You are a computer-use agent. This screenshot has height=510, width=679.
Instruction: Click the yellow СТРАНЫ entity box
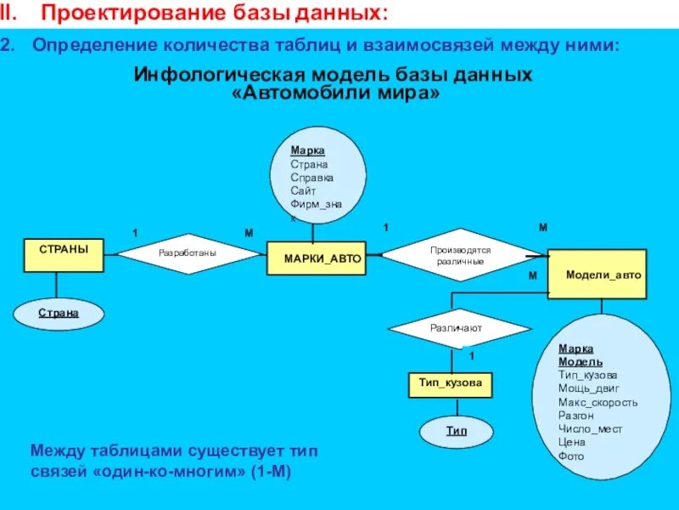pos(64,255)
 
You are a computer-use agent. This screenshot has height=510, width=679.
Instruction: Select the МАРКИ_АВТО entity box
pos(323,258)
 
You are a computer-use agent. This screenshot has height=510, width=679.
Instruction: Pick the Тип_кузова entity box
pos(450,383)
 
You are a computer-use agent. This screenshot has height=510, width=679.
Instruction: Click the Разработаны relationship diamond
pos(188,252)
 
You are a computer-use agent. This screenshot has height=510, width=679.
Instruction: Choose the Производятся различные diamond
pos(461,255)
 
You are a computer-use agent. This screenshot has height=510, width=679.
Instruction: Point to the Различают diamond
pos(459,327)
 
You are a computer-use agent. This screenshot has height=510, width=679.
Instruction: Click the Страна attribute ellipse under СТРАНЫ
pos(59,313)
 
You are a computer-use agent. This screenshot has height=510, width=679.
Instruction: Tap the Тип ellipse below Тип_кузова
pos(457,431)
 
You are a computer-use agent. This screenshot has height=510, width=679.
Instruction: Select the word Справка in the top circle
pos(312,178)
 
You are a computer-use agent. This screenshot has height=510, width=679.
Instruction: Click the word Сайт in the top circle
pos(303,191)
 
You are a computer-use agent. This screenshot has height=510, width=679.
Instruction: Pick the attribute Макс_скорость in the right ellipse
pos(598,402)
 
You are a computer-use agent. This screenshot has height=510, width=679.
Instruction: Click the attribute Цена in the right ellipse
pos(571,442)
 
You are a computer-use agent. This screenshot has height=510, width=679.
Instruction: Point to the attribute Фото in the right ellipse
pos(570,456)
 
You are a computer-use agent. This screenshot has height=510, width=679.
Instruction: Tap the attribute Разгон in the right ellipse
pos(576,416)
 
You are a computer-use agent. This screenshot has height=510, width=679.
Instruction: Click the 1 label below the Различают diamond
pos(472,354)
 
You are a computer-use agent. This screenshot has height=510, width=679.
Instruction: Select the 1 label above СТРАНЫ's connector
pos(133,233)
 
